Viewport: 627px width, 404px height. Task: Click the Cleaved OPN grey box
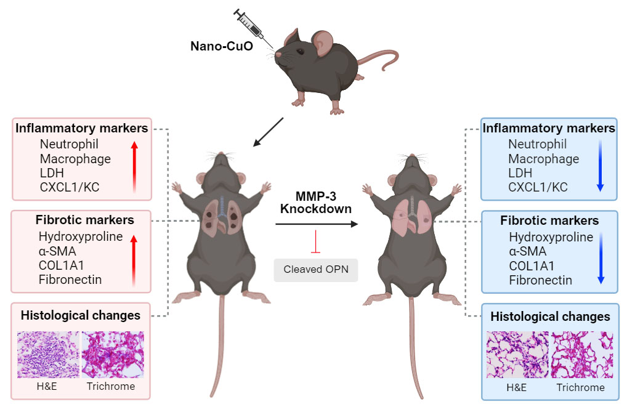(x=316, y=269)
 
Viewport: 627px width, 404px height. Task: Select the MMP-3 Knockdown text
(x=316, y=203)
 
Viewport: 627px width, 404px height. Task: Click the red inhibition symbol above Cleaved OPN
(x=316, y=242)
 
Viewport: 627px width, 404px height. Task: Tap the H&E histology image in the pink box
(x=49, y=355)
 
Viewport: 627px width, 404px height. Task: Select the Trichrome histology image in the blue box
(x=580, y=355)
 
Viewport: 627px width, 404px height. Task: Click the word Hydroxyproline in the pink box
(x=81, y=237)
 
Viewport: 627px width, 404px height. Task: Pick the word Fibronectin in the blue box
(x=540, y=280)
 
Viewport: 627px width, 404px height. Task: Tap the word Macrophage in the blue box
(x=543, y=159)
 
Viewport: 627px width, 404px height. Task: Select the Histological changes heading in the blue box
(x=550, y=317)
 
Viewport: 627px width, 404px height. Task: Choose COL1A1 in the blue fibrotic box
(x=532, y=266)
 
